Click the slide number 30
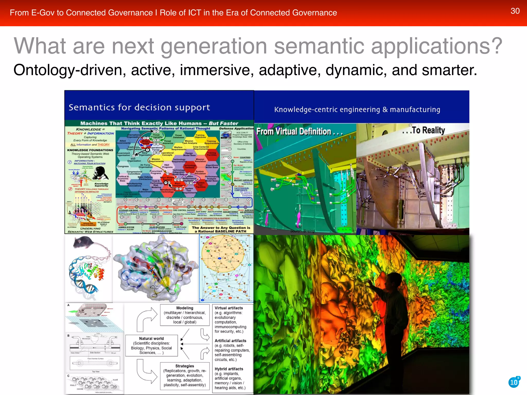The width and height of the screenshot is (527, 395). click(515, 11)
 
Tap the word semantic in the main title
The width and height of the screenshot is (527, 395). click(319, 46)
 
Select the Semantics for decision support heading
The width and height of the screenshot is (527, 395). click(139, 107)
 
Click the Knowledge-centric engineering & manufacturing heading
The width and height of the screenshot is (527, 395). click(357, 110)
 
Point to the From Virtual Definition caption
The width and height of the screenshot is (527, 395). click(300, 132)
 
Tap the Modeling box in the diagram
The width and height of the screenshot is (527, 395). click(185, 315)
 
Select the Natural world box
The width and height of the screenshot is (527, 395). click(151, 345)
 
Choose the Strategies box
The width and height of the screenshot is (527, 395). click(185, 375)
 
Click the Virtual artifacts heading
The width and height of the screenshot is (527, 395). click(229, 308)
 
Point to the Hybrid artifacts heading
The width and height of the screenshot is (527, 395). click(229, 369)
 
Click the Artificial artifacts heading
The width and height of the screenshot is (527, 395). click(230, 341)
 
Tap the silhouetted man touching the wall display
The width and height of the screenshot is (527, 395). click(394, 321)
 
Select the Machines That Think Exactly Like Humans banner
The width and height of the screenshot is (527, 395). click(159, 123)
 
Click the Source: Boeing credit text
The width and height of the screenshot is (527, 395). click(302, 231)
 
